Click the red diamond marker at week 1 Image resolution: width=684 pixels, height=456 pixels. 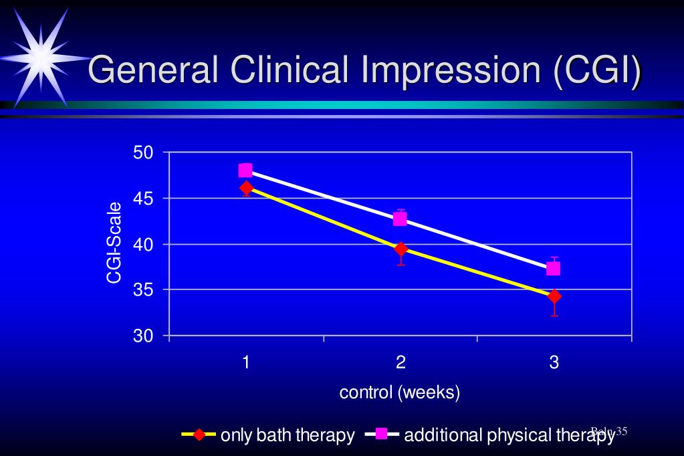[x=247, y=188]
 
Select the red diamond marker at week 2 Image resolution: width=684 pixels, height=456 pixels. [x=401, y=249]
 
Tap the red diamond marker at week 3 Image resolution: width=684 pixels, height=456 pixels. [x=554, y=296]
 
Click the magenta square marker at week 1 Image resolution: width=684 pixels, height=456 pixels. [x=245, y=170]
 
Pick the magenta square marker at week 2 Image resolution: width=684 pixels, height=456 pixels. [x=400, y=219]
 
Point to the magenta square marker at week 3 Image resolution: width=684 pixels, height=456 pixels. [x=554, y=268]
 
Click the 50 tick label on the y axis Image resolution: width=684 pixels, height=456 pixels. [x=144, y=153]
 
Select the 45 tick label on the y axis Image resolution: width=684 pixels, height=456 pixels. [x=144, y=199]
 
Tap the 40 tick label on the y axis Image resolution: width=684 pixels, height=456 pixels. [x=144, y=244]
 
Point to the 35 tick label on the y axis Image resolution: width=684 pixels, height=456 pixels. [x=144, y=290]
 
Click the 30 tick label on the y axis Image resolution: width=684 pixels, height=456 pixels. [x=144, y=336]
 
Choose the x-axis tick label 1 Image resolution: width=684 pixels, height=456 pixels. [x=246, y=363]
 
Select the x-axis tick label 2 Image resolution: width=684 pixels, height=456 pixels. [x=401, y=363]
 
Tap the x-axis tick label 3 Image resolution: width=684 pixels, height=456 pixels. [x=554, y=363]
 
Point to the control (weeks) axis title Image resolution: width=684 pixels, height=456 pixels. [x=400, y=392]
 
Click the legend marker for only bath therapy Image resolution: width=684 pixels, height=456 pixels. [x=199, y=435]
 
